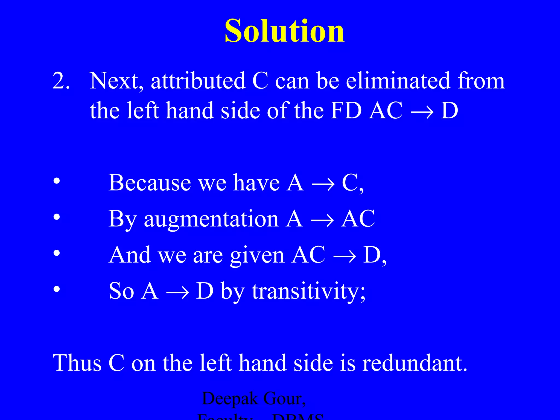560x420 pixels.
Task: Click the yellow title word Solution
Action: [284, 31]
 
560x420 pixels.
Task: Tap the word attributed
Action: [198, 81]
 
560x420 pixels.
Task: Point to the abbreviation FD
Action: [346, 111]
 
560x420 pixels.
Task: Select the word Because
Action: [150, 182]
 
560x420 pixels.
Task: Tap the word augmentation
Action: [211, 220]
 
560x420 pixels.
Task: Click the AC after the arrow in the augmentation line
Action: [358, 218]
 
